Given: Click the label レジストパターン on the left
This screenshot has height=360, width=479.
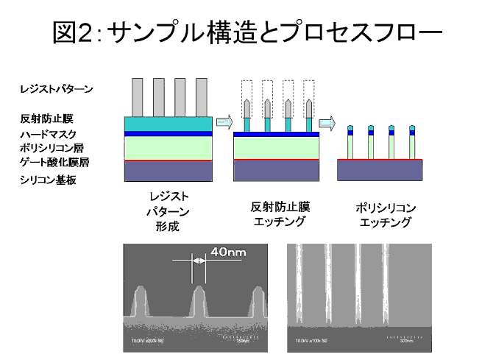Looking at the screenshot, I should pyautogui.click(x=57, y=89).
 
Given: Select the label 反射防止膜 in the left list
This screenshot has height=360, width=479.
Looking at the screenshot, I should pyautogui.click(x=47, y=118).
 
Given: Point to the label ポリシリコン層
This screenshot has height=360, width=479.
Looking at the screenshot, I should pyautogui.click(x=52, y=148).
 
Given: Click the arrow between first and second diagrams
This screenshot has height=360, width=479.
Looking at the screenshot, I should pyautogui.click(x=224, y=121).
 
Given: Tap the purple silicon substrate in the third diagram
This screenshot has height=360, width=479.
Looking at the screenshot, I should pyautogui.click(x=379, y=171).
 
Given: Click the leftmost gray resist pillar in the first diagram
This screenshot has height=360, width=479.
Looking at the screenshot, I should pyautogui.click(x=136, y=96).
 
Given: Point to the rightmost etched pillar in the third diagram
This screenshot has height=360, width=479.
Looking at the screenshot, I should pyautogui.click(x=411, y=144).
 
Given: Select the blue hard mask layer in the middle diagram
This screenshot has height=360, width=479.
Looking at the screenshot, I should pyautogui.click(x=276, y=135).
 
